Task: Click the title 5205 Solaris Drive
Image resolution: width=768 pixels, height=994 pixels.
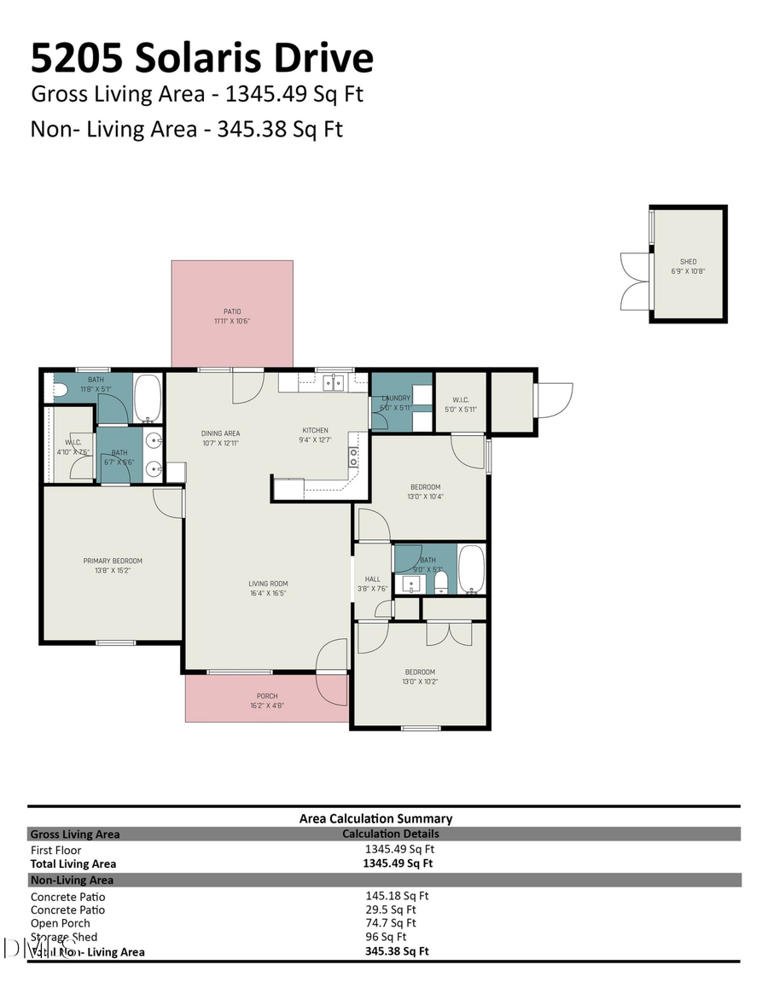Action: coord(202,58)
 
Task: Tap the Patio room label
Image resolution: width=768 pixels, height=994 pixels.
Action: coord(232,311)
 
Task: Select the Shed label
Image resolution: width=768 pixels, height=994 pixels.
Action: coord(688,261)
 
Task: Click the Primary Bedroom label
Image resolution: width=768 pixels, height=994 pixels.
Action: coord(113,561)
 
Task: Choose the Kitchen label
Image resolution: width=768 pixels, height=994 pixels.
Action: coord(315,430)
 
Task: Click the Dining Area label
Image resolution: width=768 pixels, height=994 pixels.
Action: coord(219,433)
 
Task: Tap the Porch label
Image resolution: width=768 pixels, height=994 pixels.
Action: coord(266,695)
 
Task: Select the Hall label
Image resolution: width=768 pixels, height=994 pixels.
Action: coord(372,578)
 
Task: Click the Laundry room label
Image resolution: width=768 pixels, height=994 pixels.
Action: coord(396,398)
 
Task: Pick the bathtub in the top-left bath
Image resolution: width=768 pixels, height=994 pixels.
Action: coord(148,398)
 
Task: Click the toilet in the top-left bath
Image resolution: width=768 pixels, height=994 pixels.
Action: coord(59,391)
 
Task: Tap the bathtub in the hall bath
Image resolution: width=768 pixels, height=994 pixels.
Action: coord(471,569)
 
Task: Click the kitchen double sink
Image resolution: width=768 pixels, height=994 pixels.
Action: coord(333,382)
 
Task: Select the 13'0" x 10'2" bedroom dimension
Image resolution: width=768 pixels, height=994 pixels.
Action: coord(419,682)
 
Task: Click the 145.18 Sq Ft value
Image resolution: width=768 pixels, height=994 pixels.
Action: coord(397,896)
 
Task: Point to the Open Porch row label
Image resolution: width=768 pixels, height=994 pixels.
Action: coord(60,923)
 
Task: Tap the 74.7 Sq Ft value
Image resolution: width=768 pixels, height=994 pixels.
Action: coord(390,922)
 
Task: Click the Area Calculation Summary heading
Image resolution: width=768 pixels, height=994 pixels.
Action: coord(375,818)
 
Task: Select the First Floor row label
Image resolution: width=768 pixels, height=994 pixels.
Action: coord(56,850)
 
